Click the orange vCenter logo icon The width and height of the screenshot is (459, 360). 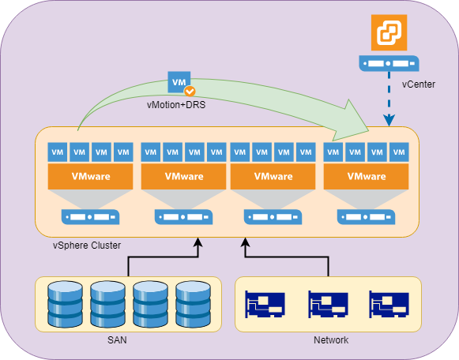click(x=389, y=32)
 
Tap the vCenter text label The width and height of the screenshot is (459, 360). click(x=418, y=84)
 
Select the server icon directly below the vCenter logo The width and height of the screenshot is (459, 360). click(x=389, y=63)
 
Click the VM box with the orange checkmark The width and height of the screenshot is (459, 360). click(x=179, y=82)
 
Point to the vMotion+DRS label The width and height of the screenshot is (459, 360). click(x=176, y=105)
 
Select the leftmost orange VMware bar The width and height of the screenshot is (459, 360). click(x=90, y=176)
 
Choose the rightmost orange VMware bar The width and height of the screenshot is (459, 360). click(x=367, y=176)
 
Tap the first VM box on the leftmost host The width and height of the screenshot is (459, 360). click(x=58, y=152)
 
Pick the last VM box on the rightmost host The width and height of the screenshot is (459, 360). click(x=399, y=152)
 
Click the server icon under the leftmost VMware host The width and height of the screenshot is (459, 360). click(x=90, y=217)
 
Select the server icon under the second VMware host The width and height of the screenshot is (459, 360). click(x=183, y=217)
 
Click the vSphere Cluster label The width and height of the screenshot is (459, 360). click(x=87, y=245)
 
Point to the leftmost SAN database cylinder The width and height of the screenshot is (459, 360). click(x=65, y=304)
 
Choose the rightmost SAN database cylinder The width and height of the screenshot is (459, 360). click(x=193, y=304)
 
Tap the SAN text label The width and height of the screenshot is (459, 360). click(x=117, y=340)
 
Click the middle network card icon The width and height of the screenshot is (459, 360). click(x=328, y=304)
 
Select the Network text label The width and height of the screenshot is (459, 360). click(x=331, y=340)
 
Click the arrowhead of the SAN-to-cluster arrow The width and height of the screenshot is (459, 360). click(x=198, y=242)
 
